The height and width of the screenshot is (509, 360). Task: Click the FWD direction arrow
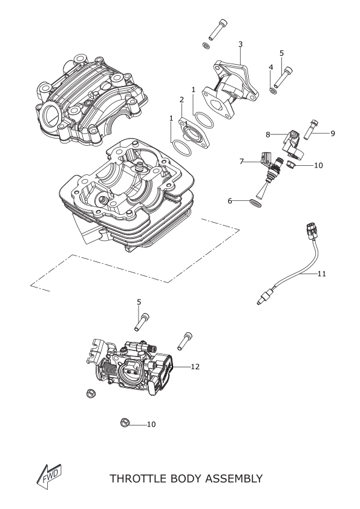(48, 477)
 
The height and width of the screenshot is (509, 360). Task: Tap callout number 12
(195, 367)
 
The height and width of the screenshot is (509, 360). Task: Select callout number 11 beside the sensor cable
(321, 274)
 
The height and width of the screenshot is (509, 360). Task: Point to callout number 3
(240, 44)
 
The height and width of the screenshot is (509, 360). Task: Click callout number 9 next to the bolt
(333, 133)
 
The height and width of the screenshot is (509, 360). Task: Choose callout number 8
(268, 134)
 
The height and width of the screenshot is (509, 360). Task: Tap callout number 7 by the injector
(241, 162)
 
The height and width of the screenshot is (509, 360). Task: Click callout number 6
(230, 201)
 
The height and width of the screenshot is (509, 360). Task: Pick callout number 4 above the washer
(271, 67)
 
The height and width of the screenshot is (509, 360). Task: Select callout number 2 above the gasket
(182, 100)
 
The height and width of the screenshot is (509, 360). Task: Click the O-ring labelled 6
(255, 203)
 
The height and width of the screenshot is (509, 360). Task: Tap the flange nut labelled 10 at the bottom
(123, 423)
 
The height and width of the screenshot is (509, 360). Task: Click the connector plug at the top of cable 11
(310, 230)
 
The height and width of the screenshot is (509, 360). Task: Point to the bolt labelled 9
(310, 130)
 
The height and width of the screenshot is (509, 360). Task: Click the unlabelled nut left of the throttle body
(90, 393)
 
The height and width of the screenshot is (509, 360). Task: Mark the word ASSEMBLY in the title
(234, 479)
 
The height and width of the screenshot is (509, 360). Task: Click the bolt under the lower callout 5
(142, 322)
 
